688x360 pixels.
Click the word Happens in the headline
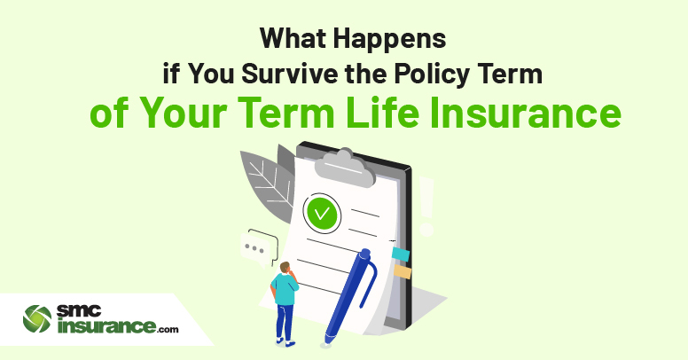389,40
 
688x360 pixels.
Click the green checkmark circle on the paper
322,214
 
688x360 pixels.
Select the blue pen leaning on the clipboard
350,297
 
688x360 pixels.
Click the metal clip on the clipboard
344,168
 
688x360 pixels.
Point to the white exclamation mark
426,206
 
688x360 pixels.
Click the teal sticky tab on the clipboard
400,254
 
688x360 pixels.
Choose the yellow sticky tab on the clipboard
403,271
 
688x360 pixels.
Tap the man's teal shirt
285,288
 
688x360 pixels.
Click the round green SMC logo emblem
37,319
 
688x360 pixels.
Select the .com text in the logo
168,329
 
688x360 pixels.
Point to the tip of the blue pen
326,343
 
